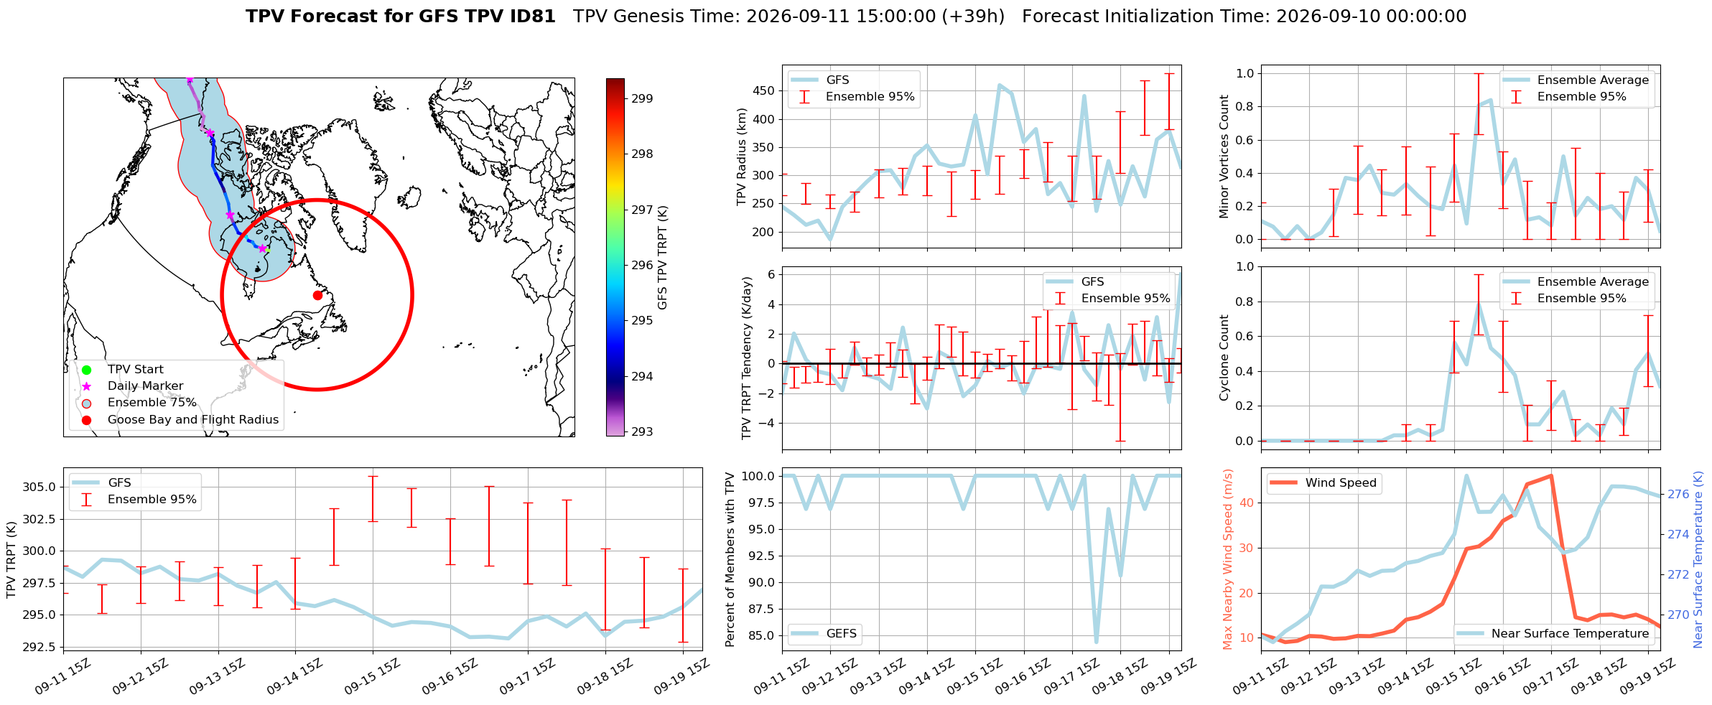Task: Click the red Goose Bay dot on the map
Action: pyautogui.click(x=317, y=295)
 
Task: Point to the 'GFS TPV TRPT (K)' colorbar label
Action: pyautogui.click(x=662, y=258)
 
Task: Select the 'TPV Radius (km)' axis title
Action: pyautogui.click(x=742, y=157)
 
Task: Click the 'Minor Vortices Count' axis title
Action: pyautogui.click(x=1224, y=157)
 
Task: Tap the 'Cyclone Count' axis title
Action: pyautogui.click(x=1224, y=358)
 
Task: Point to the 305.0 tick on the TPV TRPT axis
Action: pyautogui.click(x=39, y=487)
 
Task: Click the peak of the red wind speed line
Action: pyautogui.click(x=1551, y=475)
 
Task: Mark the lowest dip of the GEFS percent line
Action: pyautogui.click(x=1097, y=642)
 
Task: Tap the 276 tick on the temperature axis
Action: pyautogui.click(x=1678, y=494)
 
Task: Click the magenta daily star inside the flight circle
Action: pyautogui.click(x=262, y=248)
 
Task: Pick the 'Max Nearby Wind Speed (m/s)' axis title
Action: pyautogui.click(x=1227, y=559)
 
